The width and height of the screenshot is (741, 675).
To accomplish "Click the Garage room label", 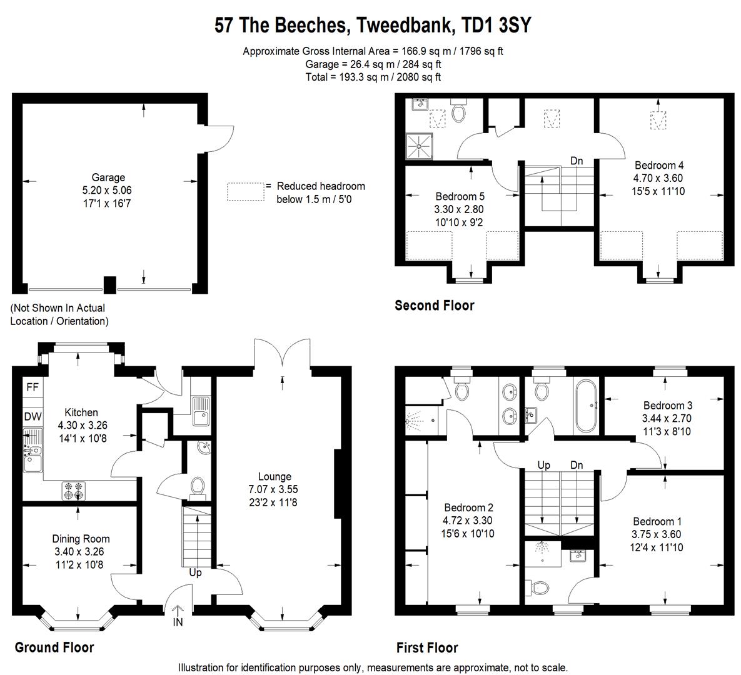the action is coord(108,177).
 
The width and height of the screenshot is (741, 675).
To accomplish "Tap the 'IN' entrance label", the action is coord(178,623).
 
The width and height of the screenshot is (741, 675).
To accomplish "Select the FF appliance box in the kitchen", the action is coord(33,387).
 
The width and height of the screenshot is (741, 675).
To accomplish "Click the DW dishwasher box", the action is coord(33,417).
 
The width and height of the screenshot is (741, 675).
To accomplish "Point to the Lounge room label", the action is coord(275,477).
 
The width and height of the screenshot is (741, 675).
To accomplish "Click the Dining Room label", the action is coord(81,539).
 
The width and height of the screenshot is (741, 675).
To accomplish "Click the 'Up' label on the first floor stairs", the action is coord(544,466).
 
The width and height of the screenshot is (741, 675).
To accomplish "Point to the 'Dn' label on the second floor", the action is coord(577,161).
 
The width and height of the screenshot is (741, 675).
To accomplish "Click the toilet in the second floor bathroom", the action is coord(458,112).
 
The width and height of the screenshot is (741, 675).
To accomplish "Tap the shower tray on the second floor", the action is coord(421,146).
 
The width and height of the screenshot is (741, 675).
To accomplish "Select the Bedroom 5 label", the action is coord(460,196).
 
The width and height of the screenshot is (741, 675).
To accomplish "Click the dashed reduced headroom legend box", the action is coord(244,191).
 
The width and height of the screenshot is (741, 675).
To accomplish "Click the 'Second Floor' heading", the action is coord(434,306).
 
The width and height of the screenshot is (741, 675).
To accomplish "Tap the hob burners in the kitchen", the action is coord(74,491).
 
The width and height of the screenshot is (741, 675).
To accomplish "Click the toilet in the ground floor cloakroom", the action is coord(198,487).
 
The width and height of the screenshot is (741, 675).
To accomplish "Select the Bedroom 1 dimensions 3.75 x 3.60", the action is coord(657,534).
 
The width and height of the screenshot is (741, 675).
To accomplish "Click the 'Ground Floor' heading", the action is coord(54,647).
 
